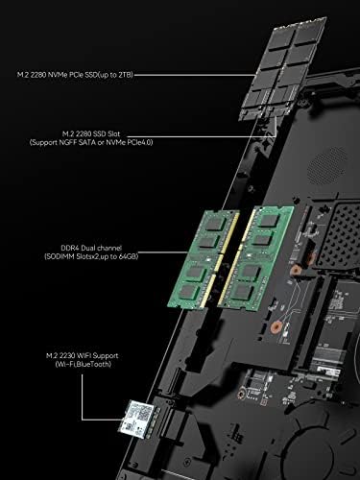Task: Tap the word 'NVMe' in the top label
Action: tap(58, 75)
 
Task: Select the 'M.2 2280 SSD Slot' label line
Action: tap(91, 133)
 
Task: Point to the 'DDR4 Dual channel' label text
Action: tap(91, 248)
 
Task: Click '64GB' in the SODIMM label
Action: tap(129, 256)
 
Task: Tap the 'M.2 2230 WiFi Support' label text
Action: tap(83, 356)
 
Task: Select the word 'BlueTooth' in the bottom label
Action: tap(94, 364)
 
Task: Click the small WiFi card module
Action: tap(136, 419)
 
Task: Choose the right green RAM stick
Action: tap(255, 258)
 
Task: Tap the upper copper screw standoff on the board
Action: tap(296, 271)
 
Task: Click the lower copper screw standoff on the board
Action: tap(275, 327)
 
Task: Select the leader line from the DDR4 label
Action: tap(163, 252)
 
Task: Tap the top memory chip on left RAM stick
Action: tap(214, 223)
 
